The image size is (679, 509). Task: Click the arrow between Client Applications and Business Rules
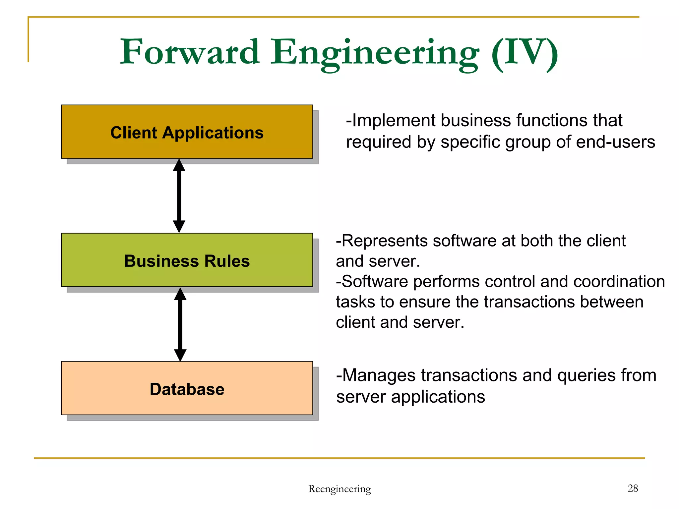[179, 196]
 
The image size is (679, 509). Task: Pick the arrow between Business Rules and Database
[180, 324]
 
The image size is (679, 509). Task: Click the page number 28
[633, 488]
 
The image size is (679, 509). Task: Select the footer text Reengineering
[339, 489]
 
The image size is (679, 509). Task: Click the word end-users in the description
[616, 142]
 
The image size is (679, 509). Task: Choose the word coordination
[619, 282]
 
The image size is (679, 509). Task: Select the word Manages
[378, 376]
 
